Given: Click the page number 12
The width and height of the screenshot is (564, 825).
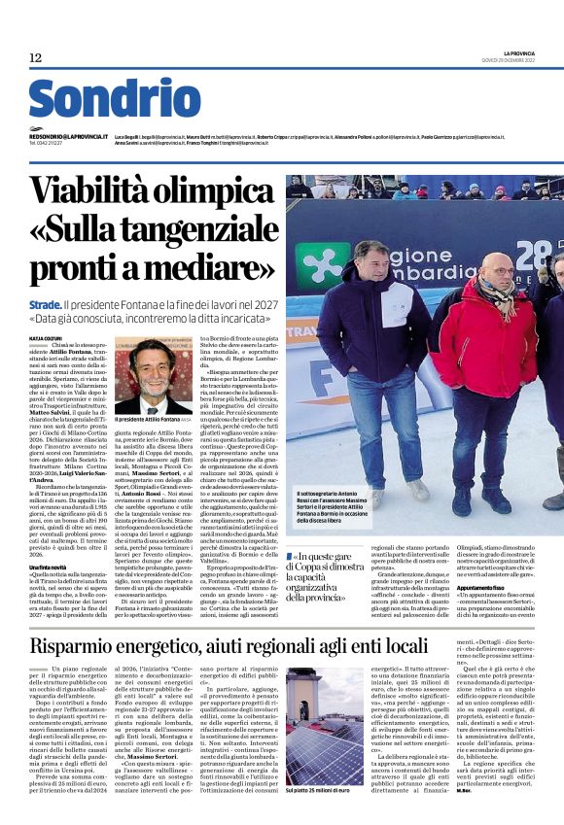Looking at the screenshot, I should (35, 58).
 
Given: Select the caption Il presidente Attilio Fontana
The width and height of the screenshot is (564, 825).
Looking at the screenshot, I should (146, 419).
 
